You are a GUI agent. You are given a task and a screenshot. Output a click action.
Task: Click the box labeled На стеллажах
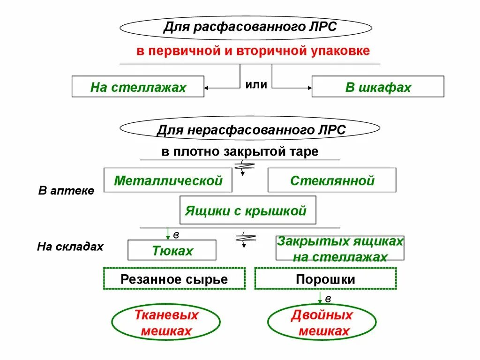pyautogui.click(x=138, y=87)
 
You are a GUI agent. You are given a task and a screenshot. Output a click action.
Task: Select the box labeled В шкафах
pyautogui.click(x=378, y=87)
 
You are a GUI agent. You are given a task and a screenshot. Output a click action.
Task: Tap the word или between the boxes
pyautogui.click(x=256, y=85)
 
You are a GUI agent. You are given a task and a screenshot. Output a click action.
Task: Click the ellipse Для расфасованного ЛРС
pyautogui.click(x=250, y=27)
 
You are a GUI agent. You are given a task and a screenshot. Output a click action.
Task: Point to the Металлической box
pyautogui.click(x=168, y=180)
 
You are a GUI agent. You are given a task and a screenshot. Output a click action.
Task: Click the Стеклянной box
pyautogui.click(x=332, y=180)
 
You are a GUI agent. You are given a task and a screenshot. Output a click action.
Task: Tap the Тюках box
pyautogui.click(x=172, y=250)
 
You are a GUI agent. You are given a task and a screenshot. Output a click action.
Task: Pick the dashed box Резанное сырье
pyautogui.click(x=174, y=279)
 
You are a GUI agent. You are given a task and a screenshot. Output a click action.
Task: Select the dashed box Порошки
pyautogui.click(x=325, y=279)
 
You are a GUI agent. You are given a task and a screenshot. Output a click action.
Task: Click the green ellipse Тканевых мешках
pyautogui.click(x=166, y=323)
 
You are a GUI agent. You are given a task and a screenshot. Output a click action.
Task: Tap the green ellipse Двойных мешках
pyautogui.click(x=322, y=323)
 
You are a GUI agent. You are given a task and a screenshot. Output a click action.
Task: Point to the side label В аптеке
pyautogui.click(x=66, y=191)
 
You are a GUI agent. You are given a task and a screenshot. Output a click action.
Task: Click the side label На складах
pyautogui.click(x=70, y=247)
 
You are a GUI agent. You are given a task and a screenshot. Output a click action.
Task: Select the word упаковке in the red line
pyautogui.click(x=340, y=51)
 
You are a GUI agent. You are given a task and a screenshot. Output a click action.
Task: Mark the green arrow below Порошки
pyautogui.click(x=320, y=298)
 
